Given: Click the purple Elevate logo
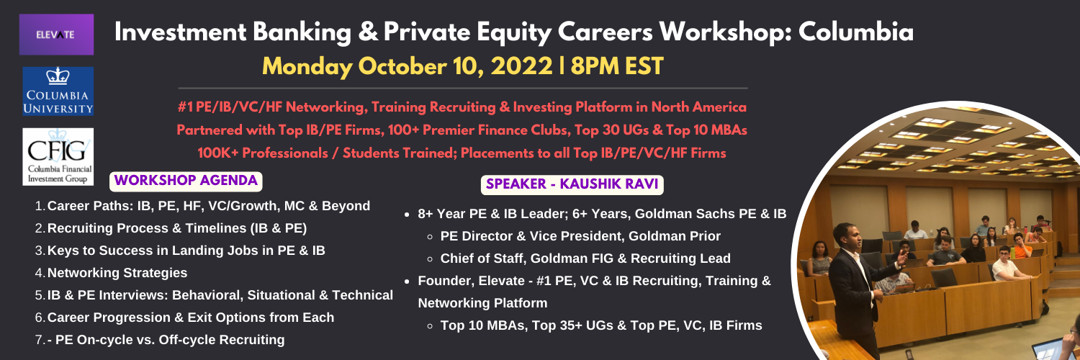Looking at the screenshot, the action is point(56,35).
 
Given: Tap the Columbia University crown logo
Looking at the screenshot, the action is point(58,91).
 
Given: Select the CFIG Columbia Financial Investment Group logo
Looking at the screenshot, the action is point(58,157).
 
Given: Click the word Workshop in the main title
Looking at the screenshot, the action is point(724,32).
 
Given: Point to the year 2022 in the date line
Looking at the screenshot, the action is point(522,66).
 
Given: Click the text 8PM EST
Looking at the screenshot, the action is point(617,66).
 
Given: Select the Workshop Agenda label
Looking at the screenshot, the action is point(186,181).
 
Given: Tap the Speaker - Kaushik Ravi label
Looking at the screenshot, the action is point(572,184).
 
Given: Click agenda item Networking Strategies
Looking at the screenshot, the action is point(117,273).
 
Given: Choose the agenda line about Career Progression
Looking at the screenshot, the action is point(191,318).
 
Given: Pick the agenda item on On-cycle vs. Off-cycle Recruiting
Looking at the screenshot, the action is point(166,340).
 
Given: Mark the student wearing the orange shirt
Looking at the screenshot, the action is point(1020,246).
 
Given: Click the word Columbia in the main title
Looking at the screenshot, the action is point(856,32).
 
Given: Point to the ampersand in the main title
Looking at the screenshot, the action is point(367,32).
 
